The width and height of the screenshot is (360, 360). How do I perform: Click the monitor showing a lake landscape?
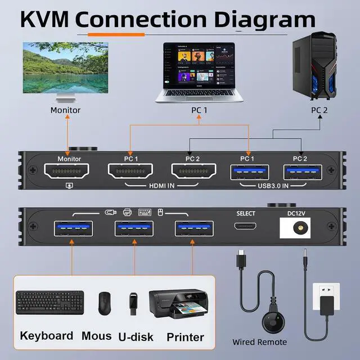click(65, 71)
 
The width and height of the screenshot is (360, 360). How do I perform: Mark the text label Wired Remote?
click(260, 342)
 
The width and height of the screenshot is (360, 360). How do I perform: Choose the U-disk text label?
click(136, 337)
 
